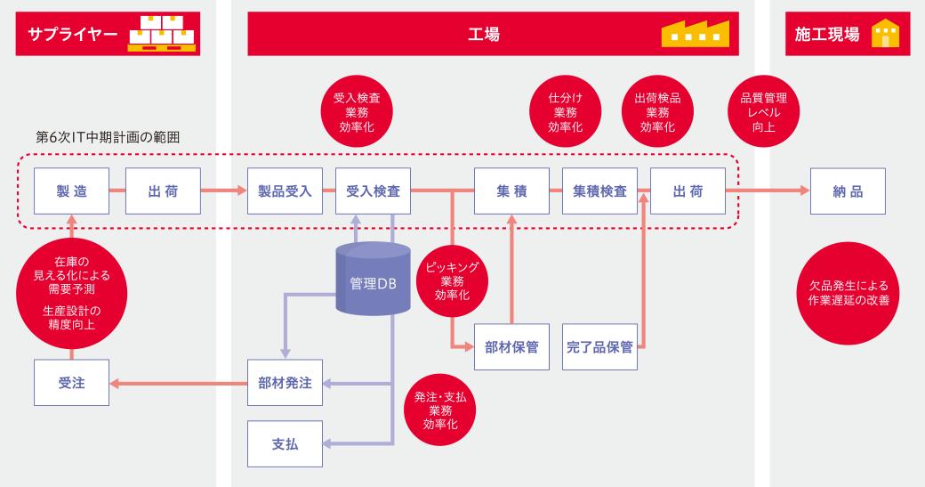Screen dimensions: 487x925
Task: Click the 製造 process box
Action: [x=71, y=191]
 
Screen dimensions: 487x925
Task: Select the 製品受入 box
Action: [x=285, y=191]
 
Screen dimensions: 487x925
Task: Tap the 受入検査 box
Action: [x=373, y=191]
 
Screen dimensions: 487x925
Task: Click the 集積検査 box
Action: [x=599, y=191]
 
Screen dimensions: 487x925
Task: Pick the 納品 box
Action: [x=848, y=191]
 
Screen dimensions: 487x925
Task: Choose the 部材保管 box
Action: [x=511, y=347]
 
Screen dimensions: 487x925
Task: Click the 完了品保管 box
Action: [x=599, y=347]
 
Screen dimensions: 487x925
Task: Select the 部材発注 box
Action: [x=285, y=383]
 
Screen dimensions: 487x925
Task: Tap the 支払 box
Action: [x=285, y=443]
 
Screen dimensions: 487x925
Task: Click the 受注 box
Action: [x=71, y=383]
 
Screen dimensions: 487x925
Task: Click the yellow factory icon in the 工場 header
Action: [x=695, y=33]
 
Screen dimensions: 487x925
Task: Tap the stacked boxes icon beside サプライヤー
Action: [x=161, y=33]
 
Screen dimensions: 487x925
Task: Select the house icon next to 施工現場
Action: [x=885, y=33]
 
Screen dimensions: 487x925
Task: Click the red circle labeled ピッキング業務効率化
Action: [x=452, y=281]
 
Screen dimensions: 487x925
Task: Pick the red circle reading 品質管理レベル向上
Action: [x=763, y=111]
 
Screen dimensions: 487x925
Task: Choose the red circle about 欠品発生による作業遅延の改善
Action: [x=848, y=293]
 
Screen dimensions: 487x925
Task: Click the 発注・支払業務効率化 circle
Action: [x=439, y=410]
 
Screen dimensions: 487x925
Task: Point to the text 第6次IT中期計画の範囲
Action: [x=108, y=137]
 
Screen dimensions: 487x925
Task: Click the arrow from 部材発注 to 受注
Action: [x=178, y=384]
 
